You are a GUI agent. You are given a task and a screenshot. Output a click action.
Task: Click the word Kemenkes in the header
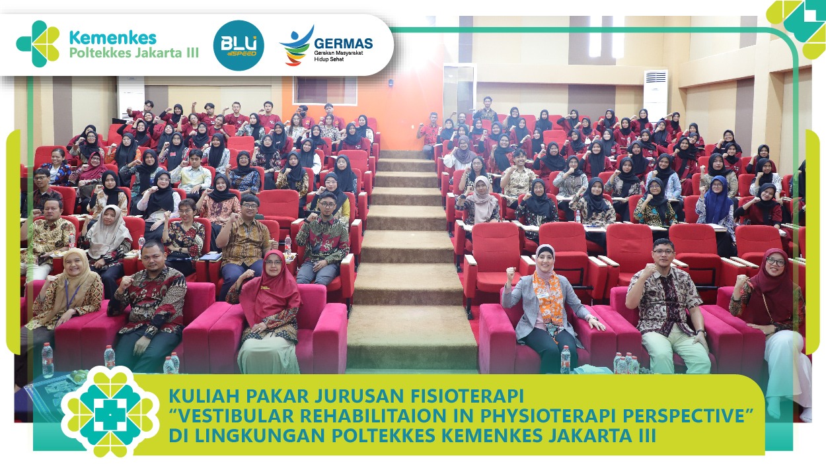[x=113, y=38]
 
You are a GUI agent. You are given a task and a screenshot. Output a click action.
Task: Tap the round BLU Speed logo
[x=239, y=46]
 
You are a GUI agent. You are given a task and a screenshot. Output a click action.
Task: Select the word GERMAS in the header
[x=344, y=44]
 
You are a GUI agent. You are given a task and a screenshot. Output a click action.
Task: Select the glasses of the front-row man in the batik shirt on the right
[x=663, y=251]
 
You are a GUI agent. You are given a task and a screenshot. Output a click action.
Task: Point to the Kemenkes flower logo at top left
[x=38, y=44]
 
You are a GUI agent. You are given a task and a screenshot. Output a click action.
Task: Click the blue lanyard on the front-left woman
[x=72, y=294]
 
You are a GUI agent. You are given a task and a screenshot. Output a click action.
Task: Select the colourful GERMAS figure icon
[x=296, y=46]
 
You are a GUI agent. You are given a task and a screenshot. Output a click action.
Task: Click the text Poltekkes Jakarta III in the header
[x=134, y=53]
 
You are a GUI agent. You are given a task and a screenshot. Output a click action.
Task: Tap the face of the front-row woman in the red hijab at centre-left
[x=274, y=264]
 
